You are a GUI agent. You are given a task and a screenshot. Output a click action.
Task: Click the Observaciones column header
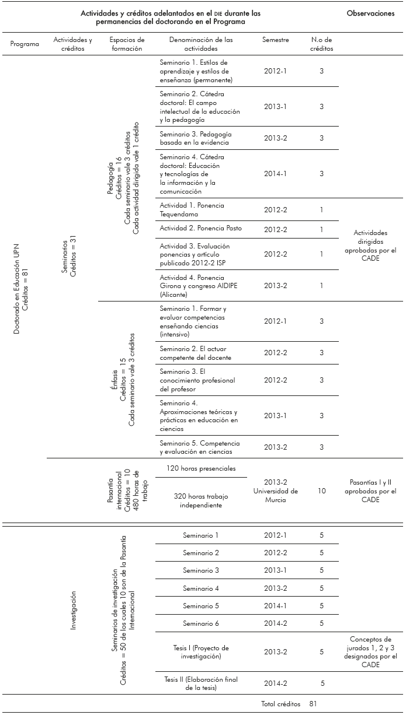pos(370,13)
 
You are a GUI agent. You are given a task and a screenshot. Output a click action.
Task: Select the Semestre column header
pos(276,40)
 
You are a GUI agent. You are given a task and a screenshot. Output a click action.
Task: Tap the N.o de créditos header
pos(321,44)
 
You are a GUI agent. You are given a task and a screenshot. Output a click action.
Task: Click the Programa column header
pos(25,44)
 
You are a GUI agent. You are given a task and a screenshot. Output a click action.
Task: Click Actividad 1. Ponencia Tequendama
pos(192,209)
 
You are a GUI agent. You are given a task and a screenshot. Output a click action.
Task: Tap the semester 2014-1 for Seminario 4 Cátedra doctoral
pos(276,174)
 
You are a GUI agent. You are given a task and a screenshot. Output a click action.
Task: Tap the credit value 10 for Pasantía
pos(321,491)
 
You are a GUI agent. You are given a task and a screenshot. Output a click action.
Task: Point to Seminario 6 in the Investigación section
pos(201,623)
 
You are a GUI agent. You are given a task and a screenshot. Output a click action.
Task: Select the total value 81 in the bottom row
pos(313,704)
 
